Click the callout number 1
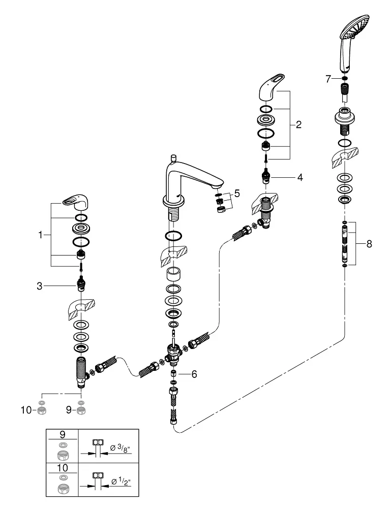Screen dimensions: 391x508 coord(40,235)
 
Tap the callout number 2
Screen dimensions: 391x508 coord(298,124)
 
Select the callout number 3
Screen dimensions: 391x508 coord(39,285)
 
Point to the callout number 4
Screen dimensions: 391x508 coord(300,177)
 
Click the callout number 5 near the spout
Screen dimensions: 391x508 coord(237,194)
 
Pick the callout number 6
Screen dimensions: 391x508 coord(194,374)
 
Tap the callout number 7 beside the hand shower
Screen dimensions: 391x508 coord(328,79)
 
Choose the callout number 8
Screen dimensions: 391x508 coord(369,244)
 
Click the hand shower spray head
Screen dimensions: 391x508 coord(355,25)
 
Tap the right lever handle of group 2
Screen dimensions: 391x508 coord(272,86)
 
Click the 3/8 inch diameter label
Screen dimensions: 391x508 coord(120,448)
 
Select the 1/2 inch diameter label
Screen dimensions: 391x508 coord(121,482)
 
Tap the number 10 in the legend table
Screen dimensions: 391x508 coord(63,468)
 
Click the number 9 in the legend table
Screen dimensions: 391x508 coord(63,434)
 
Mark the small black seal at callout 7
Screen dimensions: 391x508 coord(345,79)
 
